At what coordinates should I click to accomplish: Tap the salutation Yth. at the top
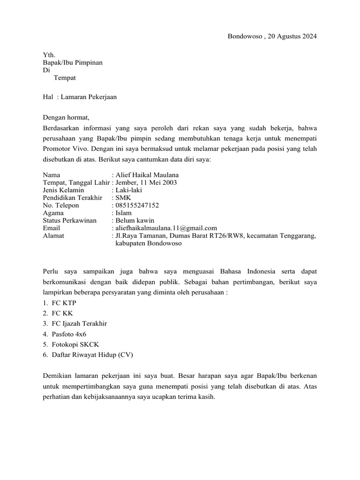[49, 55]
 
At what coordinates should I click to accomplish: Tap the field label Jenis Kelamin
[63, 190]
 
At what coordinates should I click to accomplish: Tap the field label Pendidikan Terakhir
[72, 198]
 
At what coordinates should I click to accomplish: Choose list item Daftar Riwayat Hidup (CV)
[92, 355]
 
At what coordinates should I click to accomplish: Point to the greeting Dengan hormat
[66, 117]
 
